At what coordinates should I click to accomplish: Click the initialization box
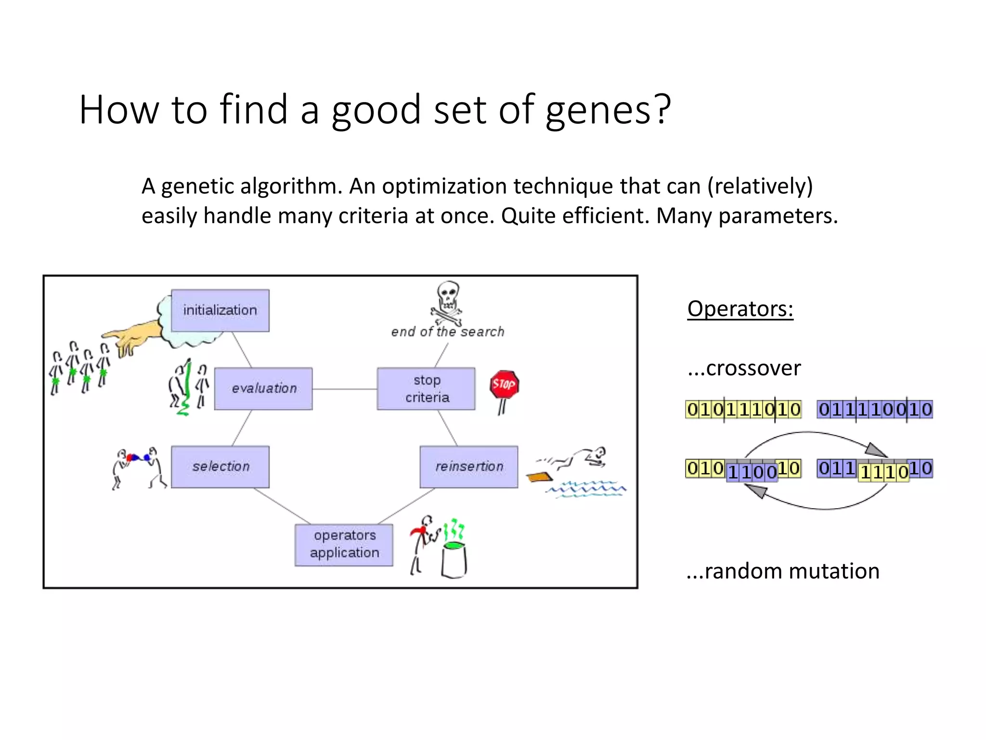tap(220, 310)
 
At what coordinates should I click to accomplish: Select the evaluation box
tap(263, 388)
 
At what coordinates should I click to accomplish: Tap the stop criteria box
tap(426, 388)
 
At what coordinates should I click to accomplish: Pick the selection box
tap(220, 466)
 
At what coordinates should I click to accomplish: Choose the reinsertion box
tap(469, 466)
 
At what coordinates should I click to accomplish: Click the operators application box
tap(344, 544)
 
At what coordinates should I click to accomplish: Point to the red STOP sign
tap(504, 384)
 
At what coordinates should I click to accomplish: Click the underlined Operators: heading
tap(740, 309)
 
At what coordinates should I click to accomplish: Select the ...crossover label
tap(744, 369)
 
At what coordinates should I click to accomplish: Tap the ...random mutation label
tap(783, 571)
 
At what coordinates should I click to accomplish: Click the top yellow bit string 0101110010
tap(743, 410)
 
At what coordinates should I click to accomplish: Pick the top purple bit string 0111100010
tap(875, 410)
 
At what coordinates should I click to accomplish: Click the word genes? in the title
tap(608, 110)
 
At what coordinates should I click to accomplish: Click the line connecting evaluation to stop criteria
tap(344, 389)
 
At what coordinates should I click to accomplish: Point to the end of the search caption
tap(447, 332)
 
